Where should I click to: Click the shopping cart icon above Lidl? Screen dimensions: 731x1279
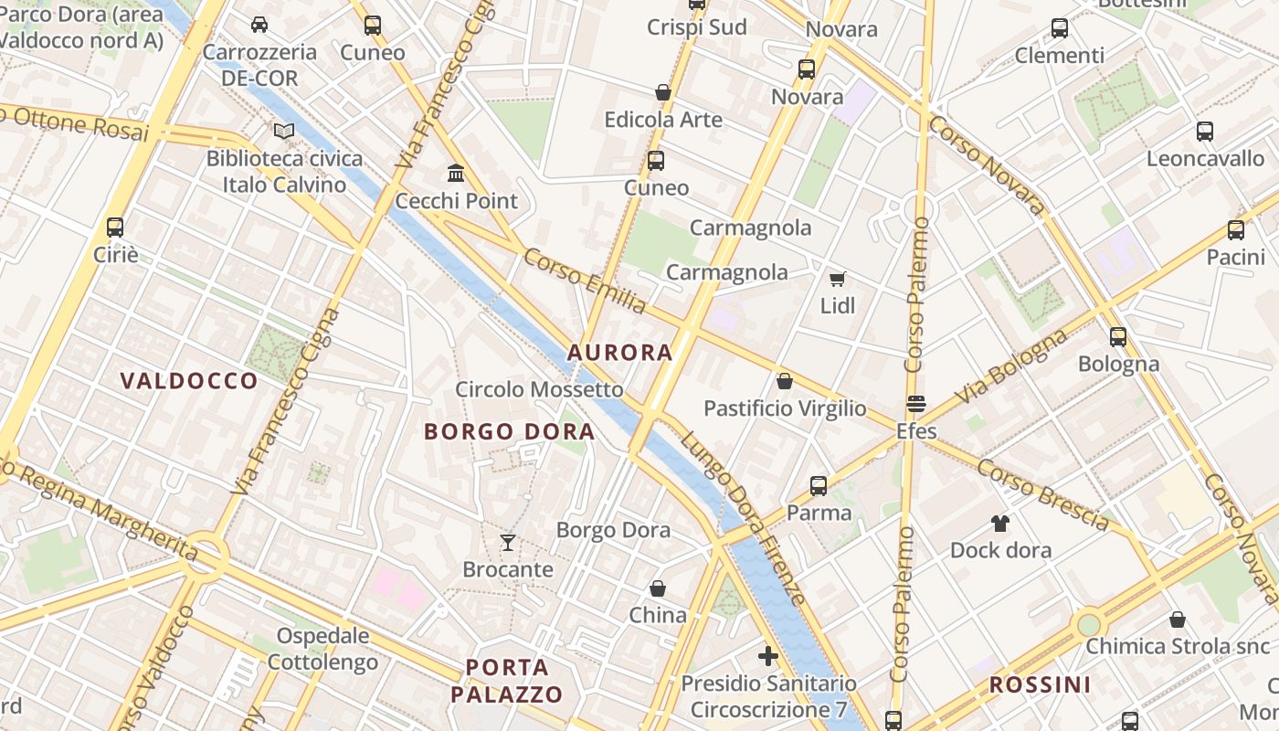pos(837,279)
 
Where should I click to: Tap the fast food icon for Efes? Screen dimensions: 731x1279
pos(916,404)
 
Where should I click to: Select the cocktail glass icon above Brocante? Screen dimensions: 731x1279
pos(508,543)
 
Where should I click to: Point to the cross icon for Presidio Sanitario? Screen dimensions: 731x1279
pos(768,656)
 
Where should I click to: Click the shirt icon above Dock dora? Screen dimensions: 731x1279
pos(1000,524)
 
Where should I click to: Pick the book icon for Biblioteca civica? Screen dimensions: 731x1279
pos(285,132)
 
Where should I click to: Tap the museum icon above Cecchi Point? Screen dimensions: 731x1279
pos(456,173)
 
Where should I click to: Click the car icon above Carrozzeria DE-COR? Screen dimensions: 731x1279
pos(259,25)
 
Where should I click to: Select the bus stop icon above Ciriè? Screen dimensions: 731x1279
pos(115,228)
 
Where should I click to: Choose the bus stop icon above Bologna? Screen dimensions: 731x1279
pos(1118,337)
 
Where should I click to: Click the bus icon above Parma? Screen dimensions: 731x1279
pos(819,486)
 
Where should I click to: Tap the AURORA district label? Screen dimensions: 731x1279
pos(620,353)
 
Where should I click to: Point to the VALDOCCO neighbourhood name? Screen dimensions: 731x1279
pos(189,381)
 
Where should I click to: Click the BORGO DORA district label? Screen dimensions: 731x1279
pos(510,432)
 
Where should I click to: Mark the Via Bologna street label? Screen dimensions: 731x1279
pos(1011,367)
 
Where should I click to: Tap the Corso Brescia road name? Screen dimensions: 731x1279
pos(1042,494)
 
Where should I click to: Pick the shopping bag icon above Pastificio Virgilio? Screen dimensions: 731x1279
pos(784,381)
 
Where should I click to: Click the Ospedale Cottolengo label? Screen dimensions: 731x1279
pos(323,649)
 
